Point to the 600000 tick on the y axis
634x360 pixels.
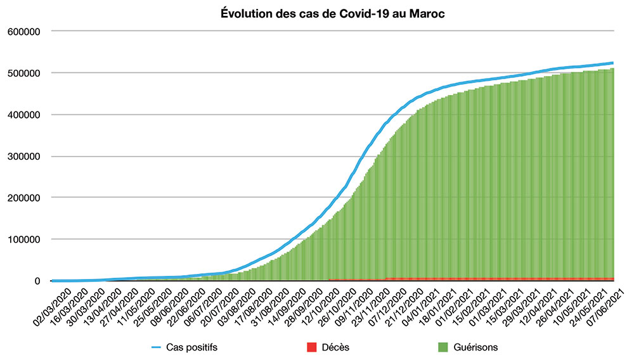(23, 31)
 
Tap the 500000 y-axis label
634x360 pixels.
(23, 73)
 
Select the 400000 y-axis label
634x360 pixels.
(23, 115)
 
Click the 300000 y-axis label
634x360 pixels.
(23, 156)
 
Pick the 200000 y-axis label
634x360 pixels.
(23, 198)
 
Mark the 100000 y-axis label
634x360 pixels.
(23, 240)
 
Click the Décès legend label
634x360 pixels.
(335, 347)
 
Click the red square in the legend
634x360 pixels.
(311, 347)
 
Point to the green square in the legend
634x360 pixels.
(444, 347)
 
